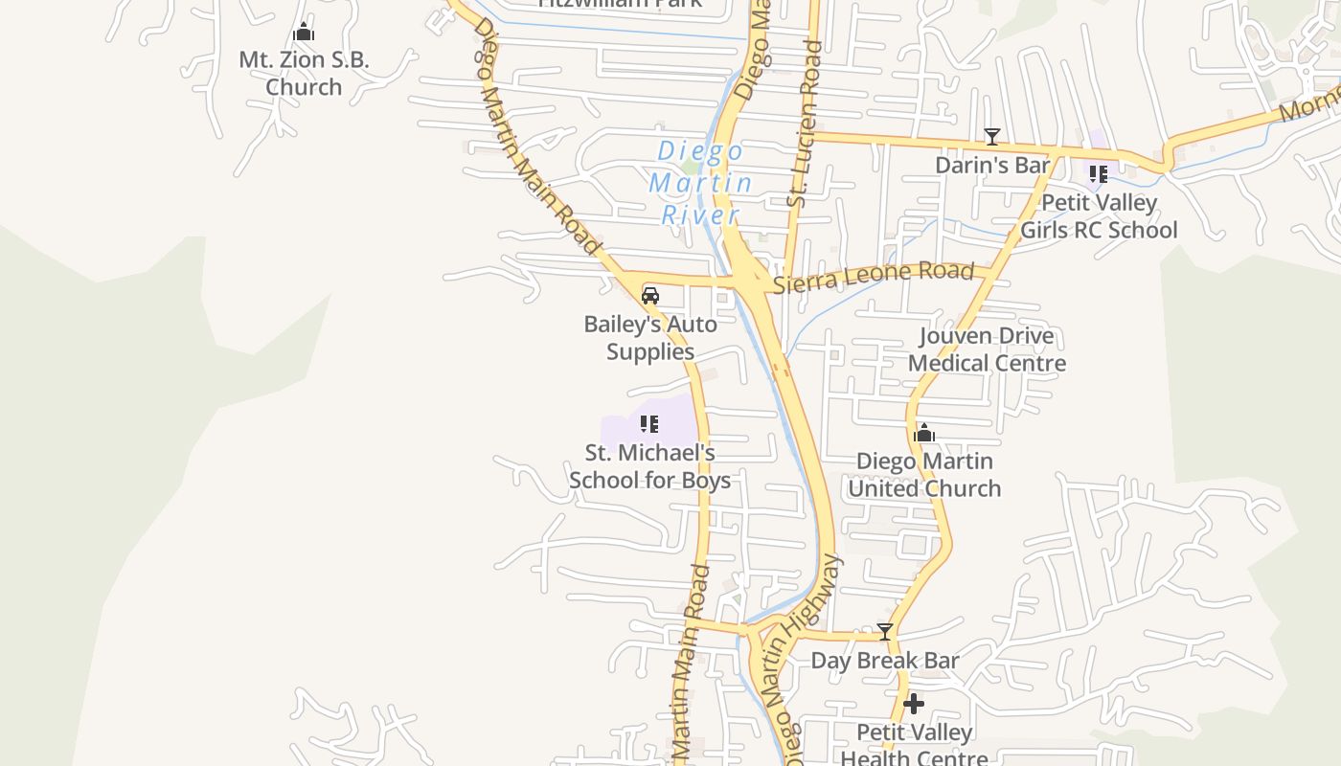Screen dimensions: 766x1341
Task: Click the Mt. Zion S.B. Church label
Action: point(304,73)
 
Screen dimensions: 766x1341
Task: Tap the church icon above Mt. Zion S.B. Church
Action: point(304,33)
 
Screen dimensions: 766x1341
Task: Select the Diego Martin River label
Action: point(700,182)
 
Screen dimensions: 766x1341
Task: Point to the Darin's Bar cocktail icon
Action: point(992,137)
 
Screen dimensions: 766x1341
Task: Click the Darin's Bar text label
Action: point(992,165)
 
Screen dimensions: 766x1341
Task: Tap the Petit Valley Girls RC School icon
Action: point(1098,174)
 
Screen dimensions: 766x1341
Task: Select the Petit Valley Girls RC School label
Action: point(1099,216)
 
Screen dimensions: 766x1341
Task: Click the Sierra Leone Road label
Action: point(874,278)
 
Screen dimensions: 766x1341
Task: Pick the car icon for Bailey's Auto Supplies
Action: point(650,296)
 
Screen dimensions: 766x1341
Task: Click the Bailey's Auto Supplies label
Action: point(650,338)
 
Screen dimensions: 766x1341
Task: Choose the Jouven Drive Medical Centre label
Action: point(987,349)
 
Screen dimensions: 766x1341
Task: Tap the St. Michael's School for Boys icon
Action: point(649,424)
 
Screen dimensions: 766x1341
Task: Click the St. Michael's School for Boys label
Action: point(649,466)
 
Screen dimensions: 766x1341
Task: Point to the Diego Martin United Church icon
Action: point(924,434)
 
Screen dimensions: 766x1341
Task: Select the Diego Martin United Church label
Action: point(924,475)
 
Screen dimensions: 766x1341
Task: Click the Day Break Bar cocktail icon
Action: point(885,632)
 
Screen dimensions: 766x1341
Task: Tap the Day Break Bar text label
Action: point(885,661)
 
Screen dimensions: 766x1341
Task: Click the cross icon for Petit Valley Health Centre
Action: point(914,705)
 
